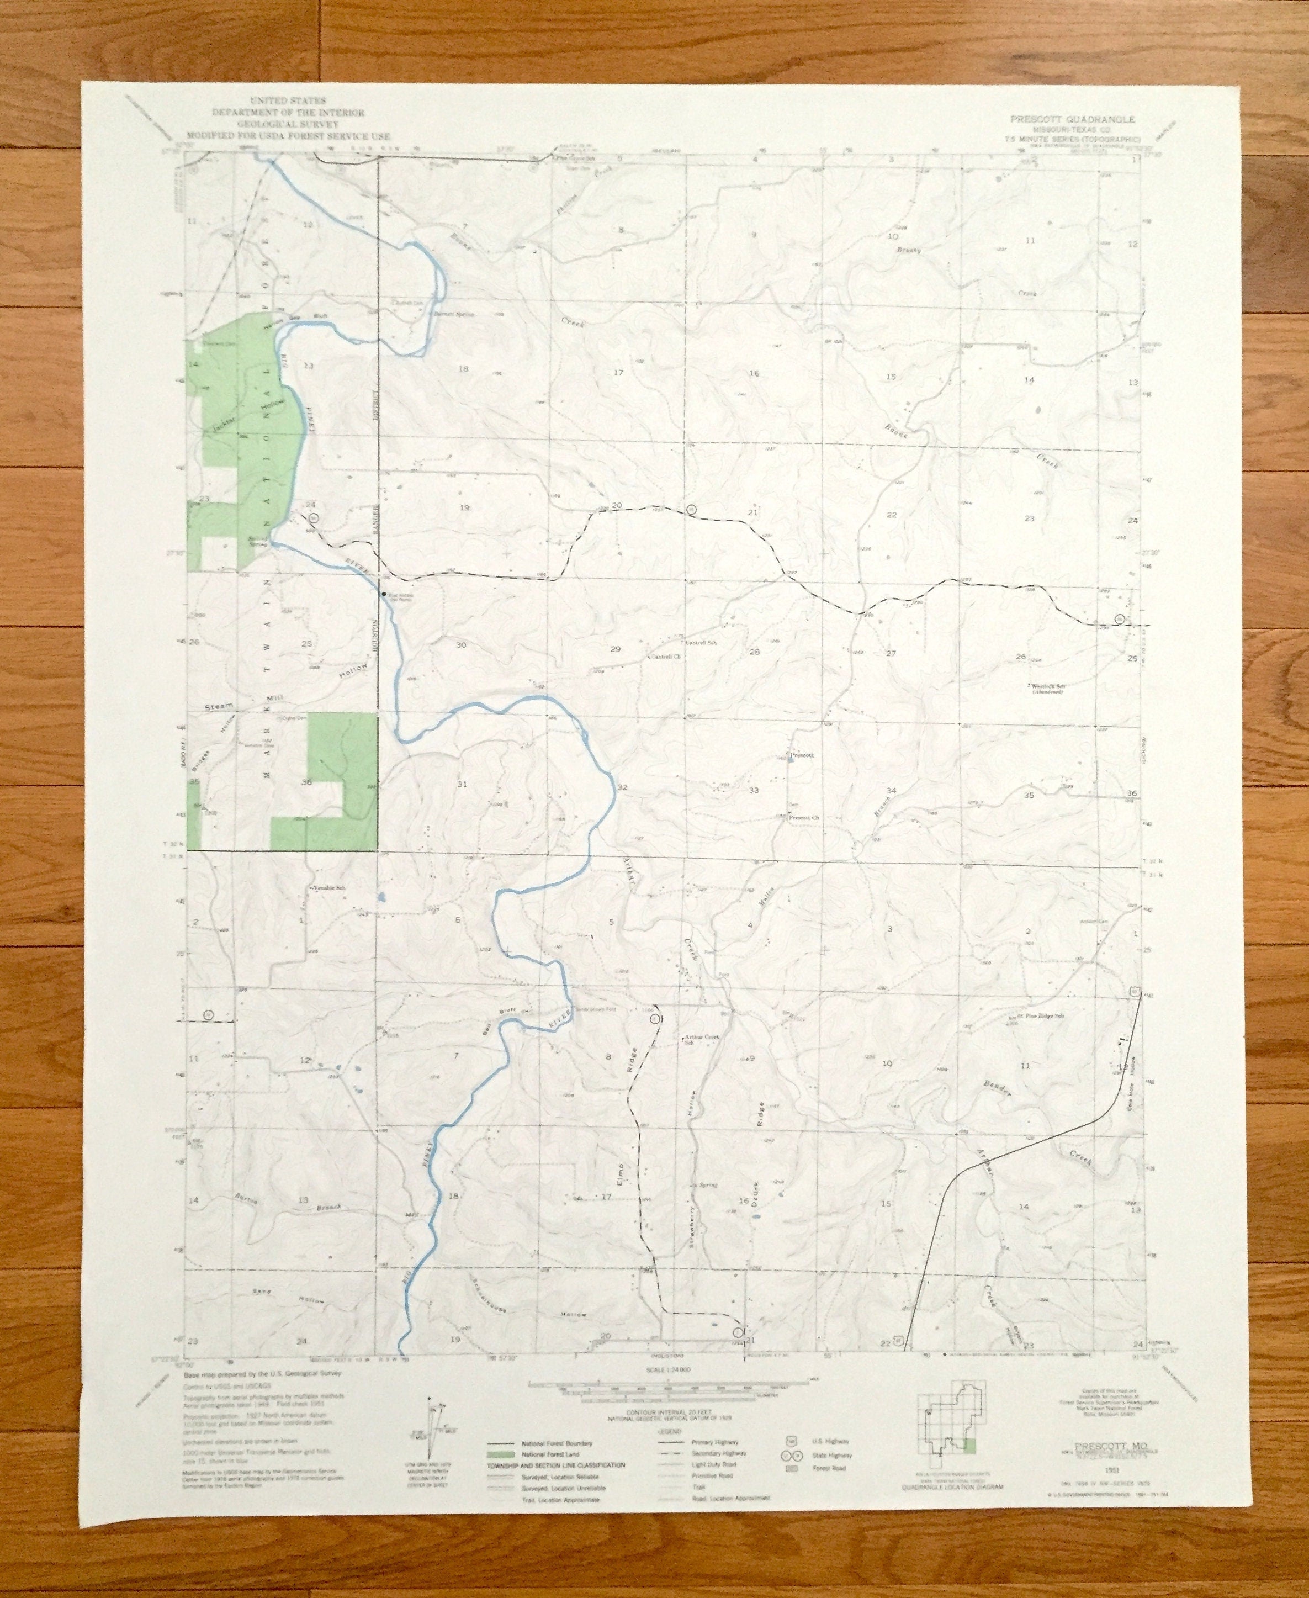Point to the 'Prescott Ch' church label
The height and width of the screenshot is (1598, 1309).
pos(804,817)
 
